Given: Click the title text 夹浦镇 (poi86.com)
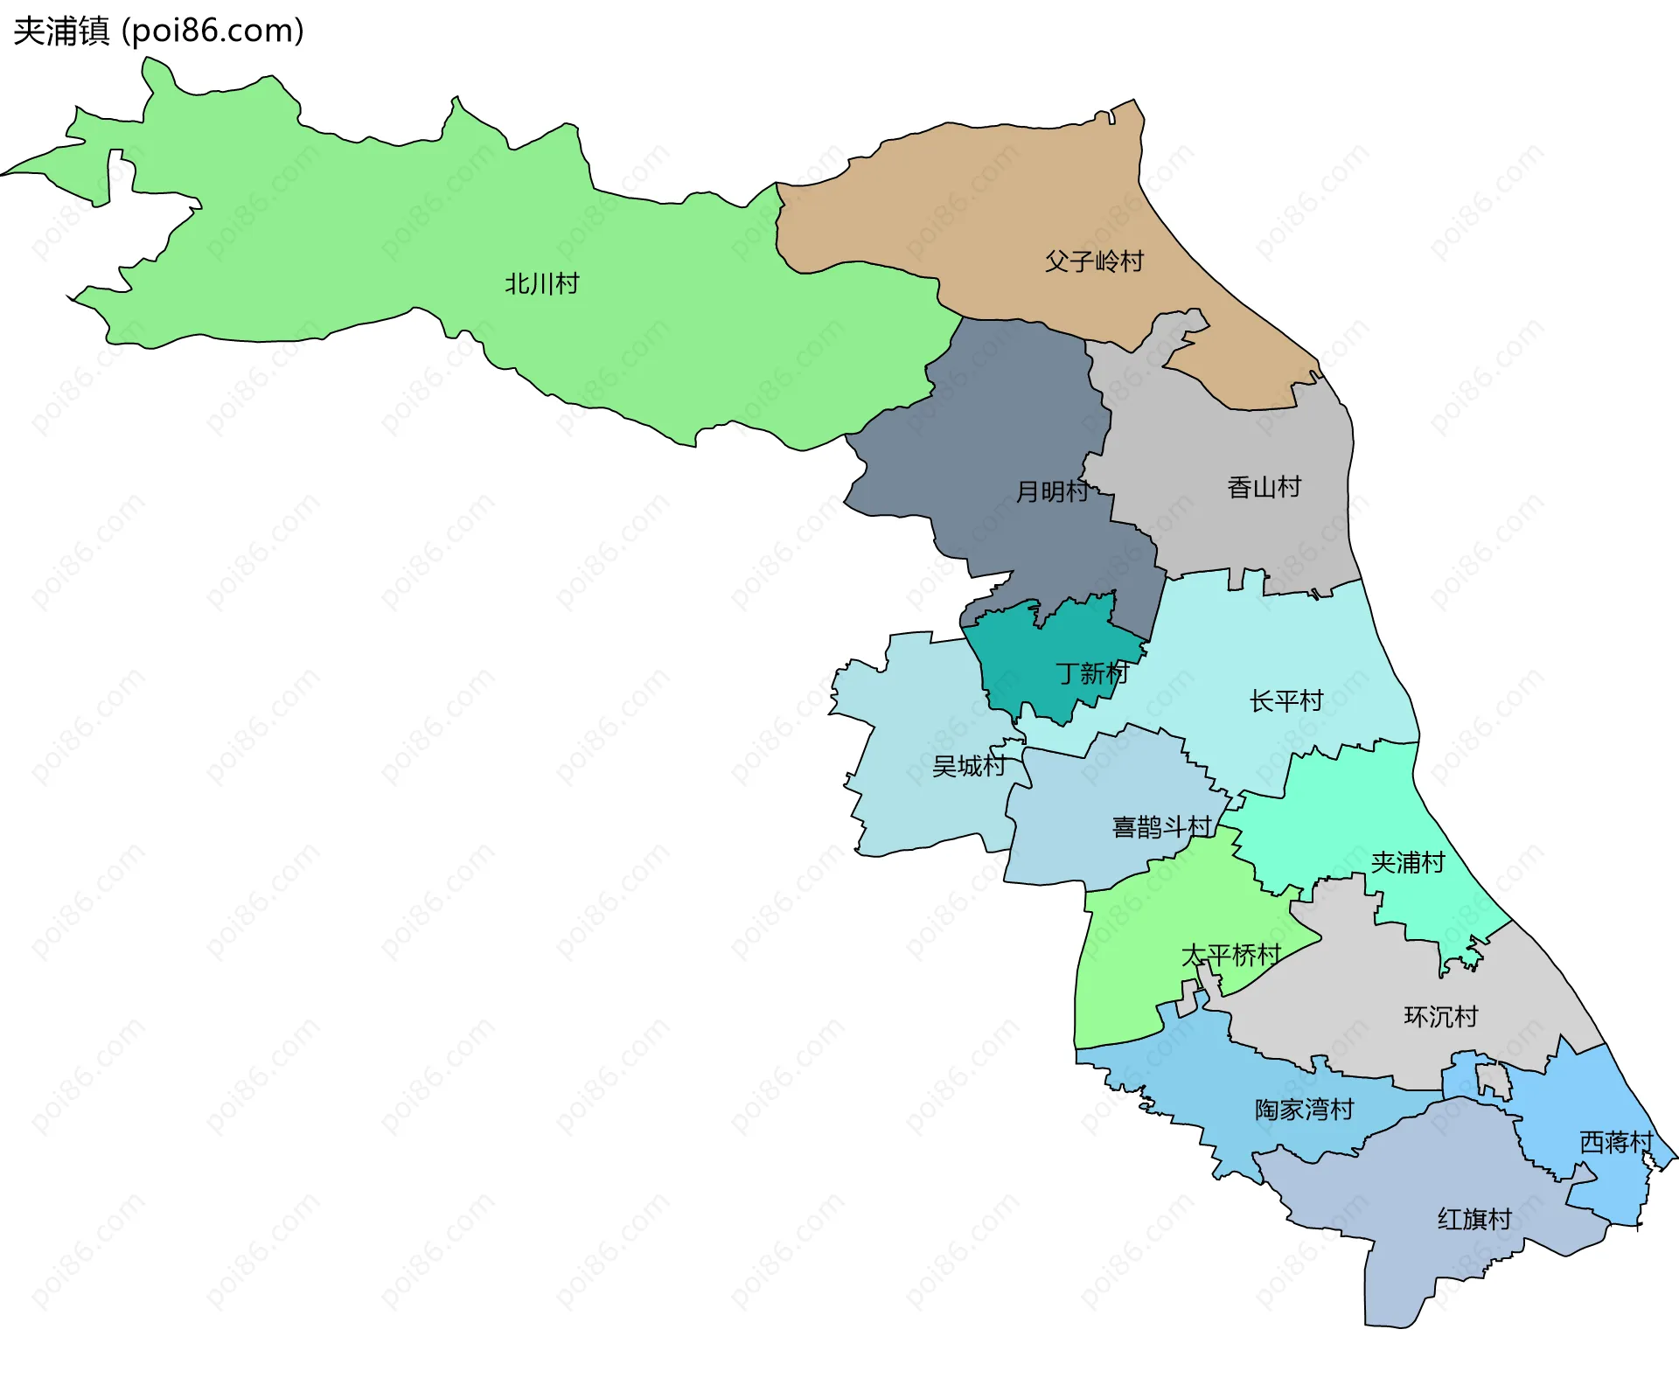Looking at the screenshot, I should pyautogui.click(x=158, y=31).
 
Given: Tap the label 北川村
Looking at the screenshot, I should pyautogui.click(x=541, y=284).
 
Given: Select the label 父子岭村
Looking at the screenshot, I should pyautogui.click(x=1094, y=261).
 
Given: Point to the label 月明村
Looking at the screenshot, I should pyautogui.click(x=1052, y=491).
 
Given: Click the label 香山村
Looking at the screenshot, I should pyautogui.click(x=1264, y=487).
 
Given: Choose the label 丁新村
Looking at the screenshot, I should pyautogui.click(x=1092, y=673).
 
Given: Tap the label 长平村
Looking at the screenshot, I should pyautogui.click(x=1285, y=701).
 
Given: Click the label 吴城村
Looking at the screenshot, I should pyautogui.click(x=968, y=767).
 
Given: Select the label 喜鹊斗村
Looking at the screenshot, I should pyautogui.click(x=1161, y=827).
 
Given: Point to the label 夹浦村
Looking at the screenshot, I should pyautogui.click(x=1407, y=863).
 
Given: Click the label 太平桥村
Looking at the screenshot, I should pyautogui.click(x=1230, y=956).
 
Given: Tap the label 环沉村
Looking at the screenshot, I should pyautogui.click(x=1440, y=1017).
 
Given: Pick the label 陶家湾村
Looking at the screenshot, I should pyautogui.click(x=1304, y=1110).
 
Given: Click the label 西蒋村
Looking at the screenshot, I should pyautogui.click(x=1615, y=1143).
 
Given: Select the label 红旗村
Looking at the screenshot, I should pyautogui.click(x=1474, y=1220).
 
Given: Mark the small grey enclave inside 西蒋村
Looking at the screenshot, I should pyautogui.click(x=1494, y=1081).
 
